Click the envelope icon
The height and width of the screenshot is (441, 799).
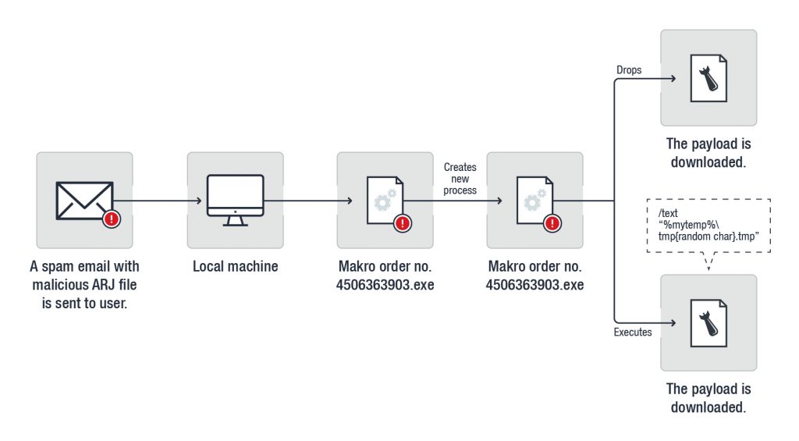[x=84, y=201]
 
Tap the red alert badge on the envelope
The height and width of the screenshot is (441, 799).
[x=111, y=219]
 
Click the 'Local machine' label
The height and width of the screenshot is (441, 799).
[x=236, y=266]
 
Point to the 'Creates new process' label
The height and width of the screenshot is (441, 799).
[x=460, y=179]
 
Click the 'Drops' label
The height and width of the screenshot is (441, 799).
[x=629, y=69]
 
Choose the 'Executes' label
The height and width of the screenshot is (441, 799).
[x=633, y=332]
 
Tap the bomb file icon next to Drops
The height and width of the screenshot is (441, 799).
[x=708, y=78]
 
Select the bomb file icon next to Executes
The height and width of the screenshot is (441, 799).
[x=708, y=323]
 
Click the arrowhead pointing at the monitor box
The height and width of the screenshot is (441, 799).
[x=199, y=201]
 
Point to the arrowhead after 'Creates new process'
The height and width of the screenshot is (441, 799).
[x=499, y=201]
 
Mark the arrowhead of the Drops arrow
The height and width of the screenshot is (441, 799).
[x=673, y=78]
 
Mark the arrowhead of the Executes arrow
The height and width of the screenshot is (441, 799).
[x=673, y=322]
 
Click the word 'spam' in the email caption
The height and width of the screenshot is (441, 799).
[x=57, y=267]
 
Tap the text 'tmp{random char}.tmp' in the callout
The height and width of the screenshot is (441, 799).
[x=708, y=236]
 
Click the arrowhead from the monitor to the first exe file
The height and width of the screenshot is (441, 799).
[x=350, y=201]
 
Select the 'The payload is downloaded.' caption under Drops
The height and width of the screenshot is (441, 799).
[x=708, y=153]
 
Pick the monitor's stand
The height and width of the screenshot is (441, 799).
[x=236, y=221]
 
